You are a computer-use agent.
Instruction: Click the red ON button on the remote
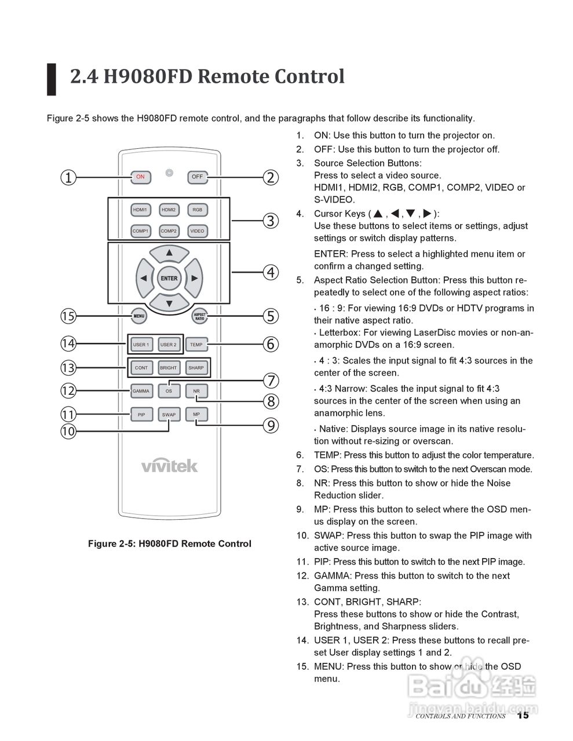pos(140,177)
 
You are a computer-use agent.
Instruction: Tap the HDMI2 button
pos(169,210)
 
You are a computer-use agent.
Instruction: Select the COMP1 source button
pos(140,231)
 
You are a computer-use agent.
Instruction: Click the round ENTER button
pos(169,278)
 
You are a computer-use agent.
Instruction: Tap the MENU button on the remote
pos(139,316)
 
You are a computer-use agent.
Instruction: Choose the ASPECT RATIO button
pos(200,316)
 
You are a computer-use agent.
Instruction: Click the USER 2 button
pos(168,344)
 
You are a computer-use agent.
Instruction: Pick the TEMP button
pos(196,344)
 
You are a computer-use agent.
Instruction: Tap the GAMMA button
pos(141,391)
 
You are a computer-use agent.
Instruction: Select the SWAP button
pos(169,414)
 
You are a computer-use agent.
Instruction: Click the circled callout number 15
pos(68,316)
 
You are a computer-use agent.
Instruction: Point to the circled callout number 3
pos(271,221)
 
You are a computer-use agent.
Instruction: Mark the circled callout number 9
pos(271,426)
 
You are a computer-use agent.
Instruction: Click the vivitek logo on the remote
pos(169,465)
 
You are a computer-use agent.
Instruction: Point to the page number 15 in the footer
pos(523,716)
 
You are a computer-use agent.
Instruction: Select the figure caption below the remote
pos(169,544)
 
